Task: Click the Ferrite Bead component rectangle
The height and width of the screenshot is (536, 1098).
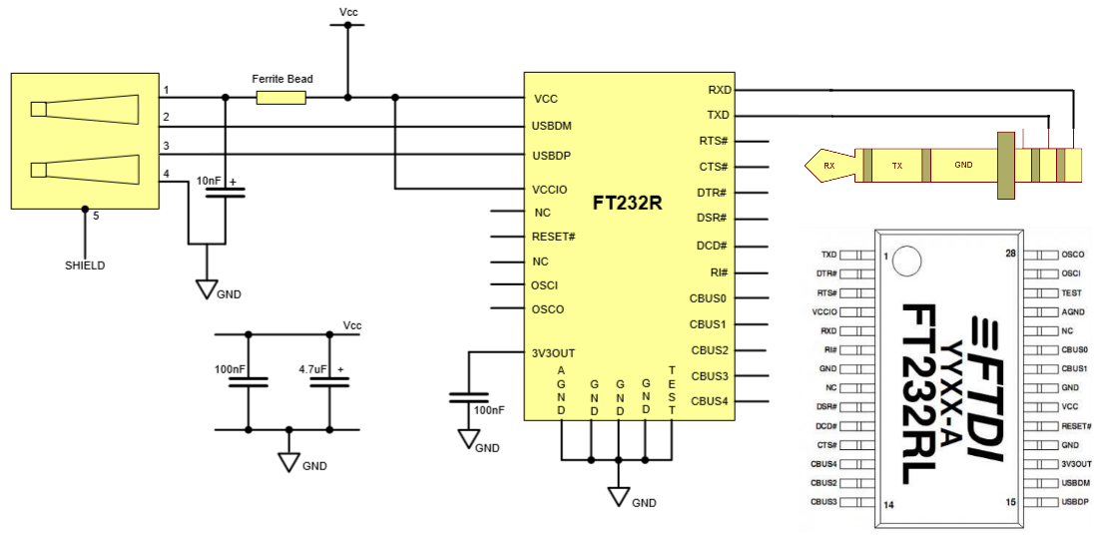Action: pos(281,97)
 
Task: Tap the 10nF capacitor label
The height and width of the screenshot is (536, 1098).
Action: pos(209,181)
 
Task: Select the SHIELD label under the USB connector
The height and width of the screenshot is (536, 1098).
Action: pos(85,266)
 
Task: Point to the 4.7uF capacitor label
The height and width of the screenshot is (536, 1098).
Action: pos(312,369)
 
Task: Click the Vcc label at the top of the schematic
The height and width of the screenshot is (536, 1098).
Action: pos(348,12)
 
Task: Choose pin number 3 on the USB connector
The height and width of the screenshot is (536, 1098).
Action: pos(166,146)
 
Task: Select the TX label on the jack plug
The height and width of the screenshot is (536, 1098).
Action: pos(896,165)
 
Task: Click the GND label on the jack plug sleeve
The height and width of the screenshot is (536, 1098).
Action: pos(962,165)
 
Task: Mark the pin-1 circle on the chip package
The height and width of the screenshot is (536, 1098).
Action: pos(907,262)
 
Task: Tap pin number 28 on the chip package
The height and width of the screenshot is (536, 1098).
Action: pos(1009,254)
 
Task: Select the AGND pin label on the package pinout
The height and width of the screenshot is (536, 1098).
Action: pos(1073,311)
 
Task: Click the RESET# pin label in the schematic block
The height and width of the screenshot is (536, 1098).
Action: pos(553,237)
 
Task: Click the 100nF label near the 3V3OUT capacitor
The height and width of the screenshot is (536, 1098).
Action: pos(489,410)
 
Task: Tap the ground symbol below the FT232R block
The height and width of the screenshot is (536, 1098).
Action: pos(619,496)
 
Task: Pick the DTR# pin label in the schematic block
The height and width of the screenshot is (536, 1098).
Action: pos(713,192)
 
